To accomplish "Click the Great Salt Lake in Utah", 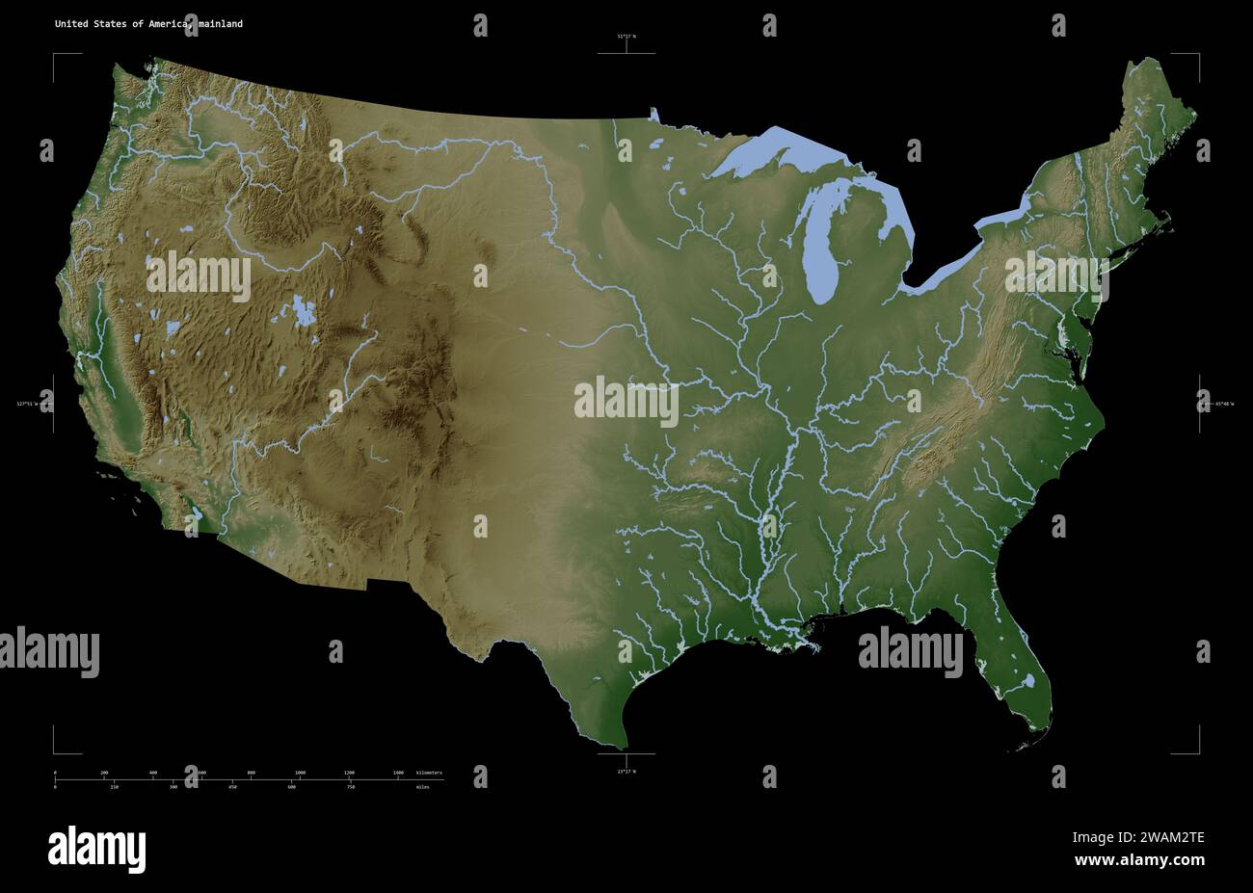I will [303, 312].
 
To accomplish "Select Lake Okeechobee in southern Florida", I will [1028, 681].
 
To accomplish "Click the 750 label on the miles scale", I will [351, 787].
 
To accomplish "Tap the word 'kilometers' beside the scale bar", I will [429, 773].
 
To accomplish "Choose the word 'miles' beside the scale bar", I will [423, 787].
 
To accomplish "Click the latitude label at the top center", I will [626, 37].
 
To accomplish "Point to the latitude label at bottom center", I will [626, 771].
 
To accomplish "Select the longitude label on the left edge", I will [27, 404].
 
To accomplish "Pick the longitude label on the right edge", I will [1223, 404].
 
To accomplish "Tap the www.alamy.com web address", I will [1139, 860].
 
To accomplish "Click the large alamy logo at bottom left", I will [96, 849].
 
